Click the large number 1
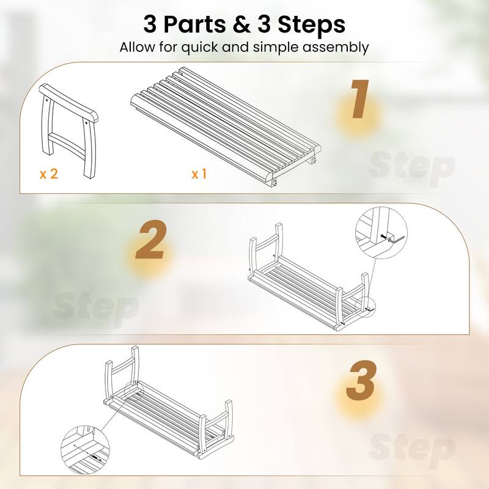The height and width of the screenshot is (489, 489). pyautogui.click(x=359, y=101)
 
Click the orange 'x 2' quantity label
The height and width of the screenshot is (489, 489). pyautogui.click(x=49, y=174)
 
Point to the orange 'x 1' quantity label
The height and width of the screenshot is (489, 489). pyautogui.click(x=199, y=174)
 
